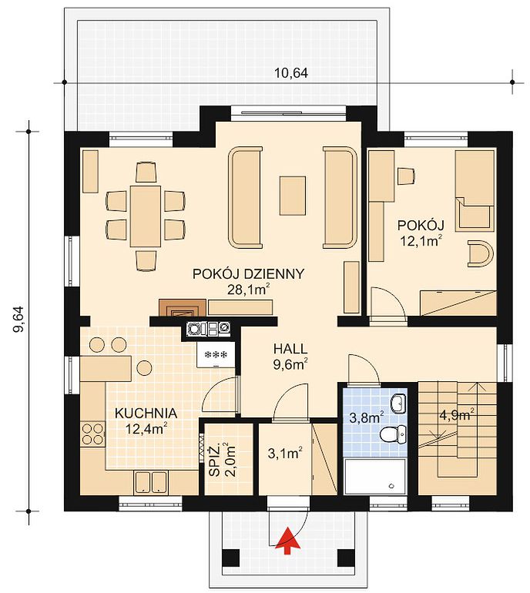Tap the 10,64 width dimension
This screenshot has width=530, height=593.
[x=291, y=72]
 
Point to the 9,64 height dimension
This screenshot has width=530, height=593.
[x=18, y=318]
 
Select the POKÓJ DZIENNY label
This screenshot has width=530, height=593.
[x=249, y=273]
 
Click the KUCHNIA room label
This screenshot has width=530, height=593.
[x=146, y=413]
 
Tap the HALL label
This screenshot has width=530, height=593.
[x=290, y=348]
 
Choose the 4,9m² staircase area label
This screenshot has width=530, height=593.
[x=457, y=415]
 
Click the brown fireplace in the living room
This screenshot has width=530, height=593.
[x=183, y=307]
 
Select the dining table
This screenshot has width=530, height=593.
[x=146, y=216]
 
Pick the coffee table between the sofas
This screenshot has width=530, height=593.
[x=293, y=196]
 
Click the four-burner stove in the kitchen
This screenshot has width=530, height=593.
[x=92, y=434]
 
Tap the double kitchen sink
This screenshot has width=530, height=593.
[x=150, y=481]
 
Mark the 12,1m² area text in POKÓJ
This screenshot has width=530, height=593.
[x=421, y=240]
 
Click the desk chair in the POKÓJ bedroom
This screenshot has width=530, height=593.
[x=406, y=176]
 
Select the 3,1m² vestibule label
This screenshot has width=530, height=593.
[x=285, y=454]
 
